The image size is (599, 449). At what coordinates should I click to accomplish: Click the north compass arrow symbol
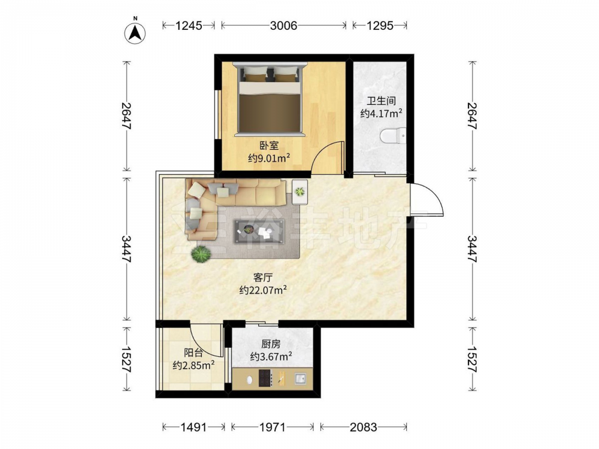pyautogui.click(x=135, y=33)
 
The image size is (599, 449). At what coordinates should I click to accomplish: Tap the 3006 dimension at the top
pyautogui.click(x=283, y=26)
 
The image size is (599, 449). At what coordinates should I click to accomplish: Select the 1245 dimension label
pyautogui.click(x=188, y=26)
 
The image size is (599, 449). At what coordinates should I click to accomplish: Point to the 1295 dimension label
pyautogui.click(x=380, y=26)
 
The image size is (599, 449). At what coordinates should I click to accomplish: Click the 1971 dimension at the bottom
pyautogui.click(x=273, y=427)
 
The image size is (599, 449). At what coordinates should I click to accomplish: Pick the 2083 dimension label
pyautogui.click(x=364, y=427)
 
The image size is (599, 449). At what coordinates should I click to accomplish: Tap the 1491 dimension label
pyautogui.click(x=193, y=427)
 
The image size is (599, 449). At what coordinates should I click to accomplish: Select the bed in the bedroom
pyautogui.click(x=270, y=99)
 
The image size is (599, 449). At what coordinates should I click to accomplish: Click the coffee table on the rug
pyautogui.click(x=259, y=231)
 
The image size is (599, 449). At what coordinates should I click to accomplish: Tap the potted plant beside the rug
pyautogui.click(x=201, y=254)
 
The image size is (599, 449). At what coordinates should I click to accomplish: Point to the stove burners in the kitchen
pyautogui.click(x=265, y=378)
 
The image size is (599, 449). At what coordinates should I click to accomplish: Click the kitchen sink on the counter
pyautogui.click(x=300, y=379)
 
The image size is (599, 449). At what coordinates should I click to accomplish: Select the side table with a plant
pyautogui.click(x=300, y=192)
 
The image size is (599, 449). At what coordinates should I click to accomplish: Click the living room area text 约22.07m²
pyautogui.click(x=263, y=290)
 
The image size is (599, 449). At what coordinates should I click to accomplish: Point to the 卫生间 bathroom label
pyautogui.click(x=381, y=101)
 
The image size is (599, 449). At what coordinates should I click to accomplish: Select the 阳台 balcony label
pyautogui.click(x=193, y=353)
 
